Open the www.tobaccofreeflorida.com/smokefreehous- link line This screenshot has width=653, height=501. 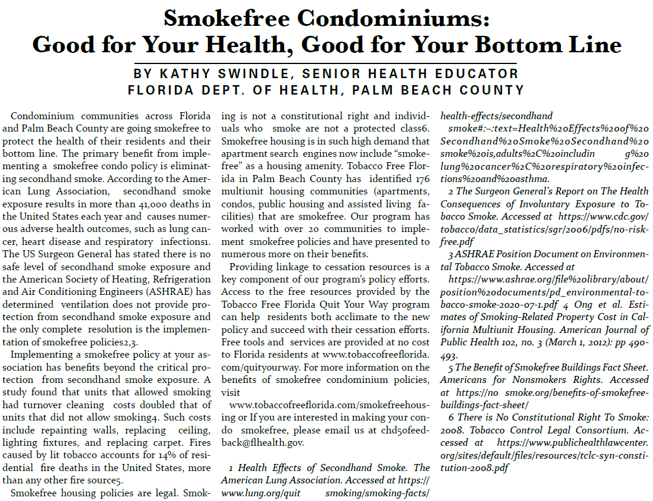coord(329,405)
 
